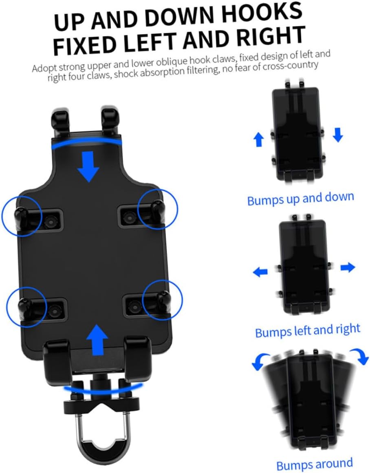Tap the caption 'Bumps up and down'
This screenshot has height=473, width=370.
tap(301, 199)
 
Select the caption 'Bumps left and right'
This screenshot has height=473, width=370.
tap(308, 331)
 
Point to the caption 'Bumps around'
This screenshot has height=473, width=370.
tap(314, 464)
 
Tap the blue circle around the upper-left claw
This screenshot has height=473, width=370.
tap(22, 216)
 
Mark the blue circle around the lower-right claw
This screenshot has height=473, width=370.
tap(163, 300)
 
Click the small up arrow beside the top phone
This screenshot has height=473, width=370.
tap(259, 140)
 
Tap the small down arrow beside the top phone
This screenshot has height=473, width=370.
tap(337, 135)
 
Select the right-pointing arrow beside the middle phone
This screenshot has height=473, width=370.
tap(348, 267)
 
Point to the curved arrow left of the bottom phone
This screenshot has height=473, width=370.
tap(258, 361)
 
